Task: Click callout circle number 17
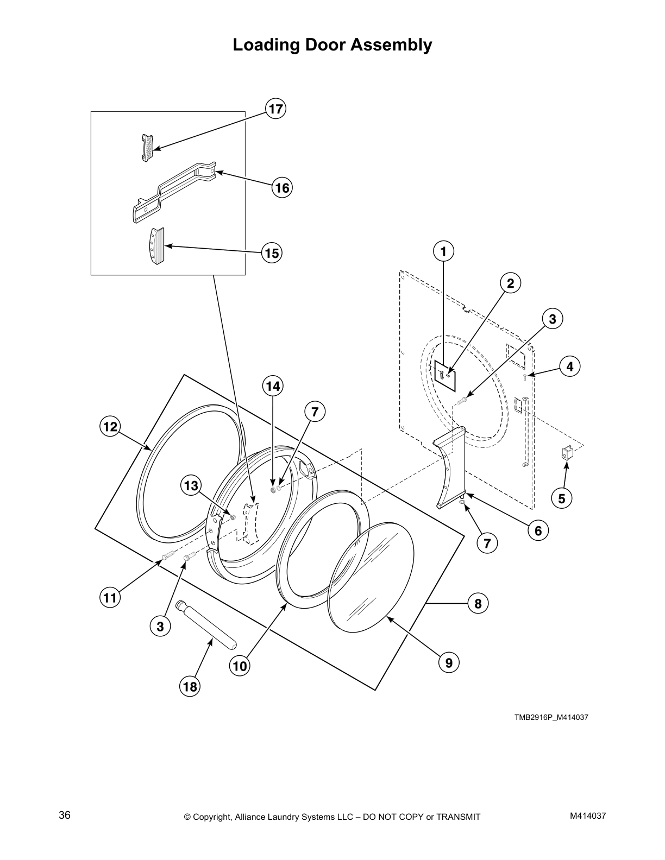pyautogui.click(x=276, y=109)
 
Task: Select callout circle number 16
pyautogui.click(x=282, y=188)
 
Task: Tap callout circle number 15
pyautogui.click(x=272, y=253)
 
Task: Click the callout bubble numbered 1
pyautogui.click(x=443, y=251)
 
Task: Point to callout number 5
pyautogui.click(x=562, y=498)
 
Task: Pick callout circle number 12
pyautogui.click(x=110, y=427)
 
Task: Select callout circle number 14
pyautogui.click(x=273, y=386)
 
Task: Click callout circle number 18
pyautogui.click(x=190, y=687)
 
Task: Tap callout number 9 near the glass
pyautogui.click(x=449, y=662)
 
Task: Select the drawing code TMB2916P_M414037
pyautogui.click(x=551, y=718)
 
